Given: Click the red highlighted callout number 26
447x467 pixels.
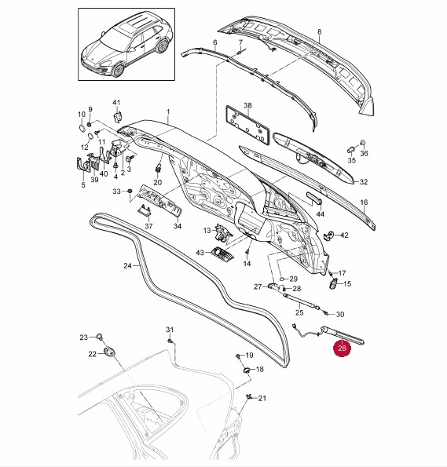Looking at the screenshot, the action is pos(342,348).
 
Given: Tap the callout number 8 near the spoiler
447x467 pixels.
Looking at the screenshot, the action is pos(320,31).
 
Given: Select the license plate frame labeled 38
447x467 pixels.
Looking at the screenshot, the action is pos(247,125).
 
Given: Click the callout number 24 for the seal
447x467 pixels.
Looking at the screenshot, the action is pos(127,265).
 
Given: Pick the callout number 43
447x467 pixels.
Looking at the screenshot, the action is pos(200,253).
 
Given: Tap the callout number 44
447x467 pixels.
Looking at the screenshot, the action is pos(320,213).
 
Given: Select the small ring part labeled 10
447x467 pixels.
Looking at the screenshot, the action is pos(82,128).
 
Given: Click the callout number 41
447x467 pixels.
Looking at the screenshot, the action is pos(116,103).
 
